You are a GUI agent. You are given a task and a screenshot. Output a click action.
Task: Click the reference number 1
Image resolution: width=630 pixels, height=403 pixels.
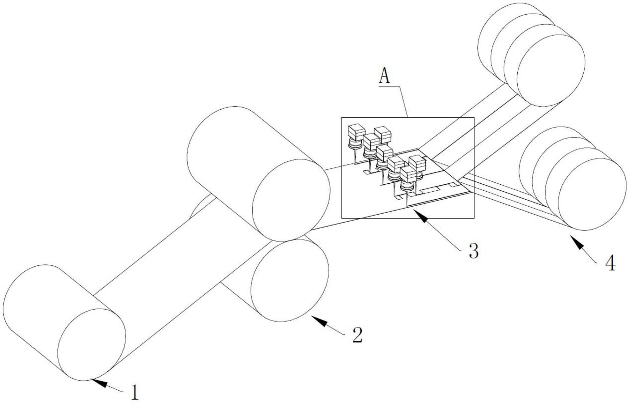click(135, 392)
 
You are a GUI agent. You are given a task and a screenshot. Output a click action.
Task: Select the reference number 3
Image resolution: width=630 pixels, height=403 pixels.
click(473, 251)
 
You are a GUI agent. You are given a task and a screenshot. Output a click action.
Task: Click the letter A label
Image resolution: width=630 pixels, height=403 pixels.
click(385, 76)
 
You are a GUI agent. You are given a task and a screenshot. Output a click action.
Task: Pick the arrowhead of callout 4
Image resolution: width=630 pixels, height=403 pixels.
click(573, 238)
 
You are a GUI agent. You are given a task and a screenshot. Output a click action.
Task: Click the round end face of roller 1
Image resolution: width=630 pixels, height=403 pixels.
click(91, 345)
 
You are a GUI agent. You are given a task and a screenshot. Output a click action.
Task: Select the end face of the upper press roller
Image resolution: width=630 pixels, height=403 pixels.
click(291, 200)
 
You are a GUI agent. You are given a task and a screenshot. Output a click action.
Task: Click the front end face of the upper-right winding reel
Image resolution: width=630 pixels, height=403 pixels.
click(551, 70)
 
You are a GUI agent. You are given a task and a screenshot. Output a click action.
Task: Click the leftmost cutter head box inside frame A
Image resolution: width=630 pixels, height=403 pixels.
click(357, 132)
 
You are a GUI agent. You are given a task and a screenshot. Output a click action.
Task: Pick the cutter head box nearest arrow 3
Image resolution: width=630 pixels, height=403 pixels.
click(408, 174)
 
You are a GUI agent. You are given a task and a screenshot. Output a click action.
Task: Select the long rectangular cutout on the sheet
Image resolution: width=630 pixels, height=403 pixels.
click(430, 190)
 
